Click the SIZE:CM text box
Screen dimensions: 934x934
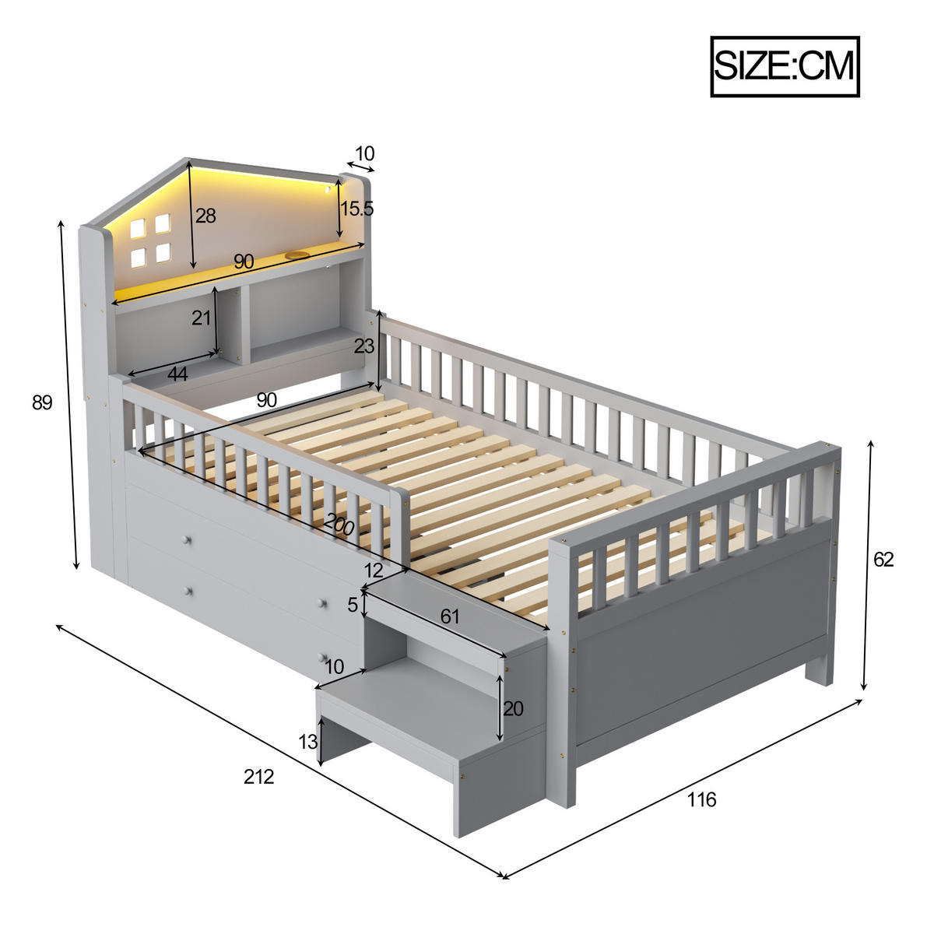785,66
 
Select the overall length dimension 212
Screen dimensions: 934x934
258,776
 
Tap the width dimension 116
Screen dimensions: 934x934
701,799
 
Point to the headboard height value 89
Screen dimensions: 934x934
42,402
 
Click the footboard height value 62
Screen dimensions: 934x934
883,560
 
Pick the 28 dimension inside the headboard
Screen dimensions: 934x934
205,216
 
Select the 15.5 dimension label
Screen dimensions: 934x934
357,209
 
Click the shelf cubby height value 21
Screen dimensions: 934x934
202,318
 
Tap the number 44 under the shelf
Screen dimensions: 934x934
177,374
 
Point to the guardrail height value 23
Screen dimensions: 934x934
363,346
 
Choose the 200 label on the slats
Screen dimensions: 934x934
339,525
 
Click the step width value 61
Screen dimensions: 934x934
450,616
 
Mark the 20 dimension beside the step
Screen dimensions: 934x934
513,708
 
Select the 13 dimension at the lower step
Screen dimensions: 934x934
308,742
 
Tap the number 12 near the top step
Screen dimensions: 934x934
373,571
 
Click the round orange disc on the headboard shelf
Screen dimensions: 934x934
297,255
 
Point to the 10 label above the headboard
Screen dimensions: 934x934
364,153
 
